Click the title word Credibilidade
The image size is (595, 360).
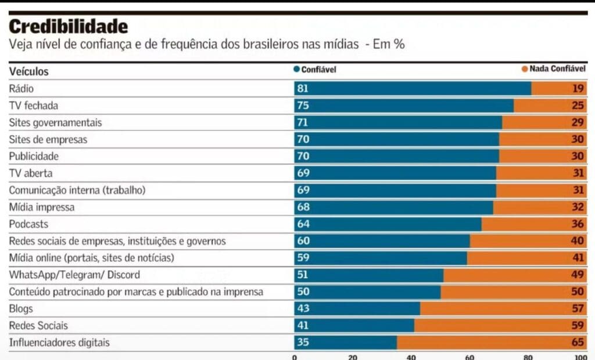68,26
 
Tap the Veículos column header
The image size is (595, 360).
29,71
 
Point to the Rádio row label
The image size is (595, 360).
21,89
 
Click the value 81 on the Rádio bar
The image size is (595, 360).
303,89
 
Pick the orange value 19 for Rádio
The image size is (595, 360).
578,89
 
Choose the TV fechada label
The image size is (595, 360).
34,106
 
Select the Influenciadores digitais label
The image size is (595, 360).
59,343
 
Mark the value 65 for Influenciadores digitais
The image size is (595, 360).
578,343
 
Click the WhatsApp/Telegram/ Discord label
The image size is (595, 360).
74,275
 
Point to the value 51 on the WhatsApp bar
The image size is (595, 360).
303,275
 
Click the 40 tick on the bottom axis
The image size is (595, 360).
411,357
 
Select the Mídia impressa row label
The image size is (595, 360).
42,207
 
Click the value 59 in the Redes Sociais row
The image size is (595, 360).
578,326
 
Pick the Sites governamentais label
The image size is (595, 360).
55,123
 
